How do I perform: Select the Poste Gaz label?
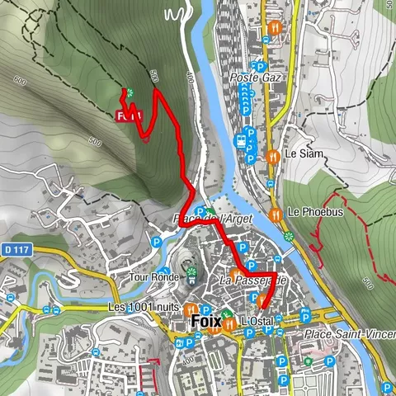(x=256, y=78)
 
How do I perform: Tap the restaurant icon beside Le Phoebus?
(x=276, y=214)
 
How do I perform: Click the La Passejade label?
(x=252, y=281)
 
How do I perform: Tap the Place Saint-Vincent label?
(x=348, y=333)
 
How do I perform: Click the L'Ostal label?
(x=257, y=320)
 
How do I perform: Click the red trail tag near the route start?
(x=130, y=116)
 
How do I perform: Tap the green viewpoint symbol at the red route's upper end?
(x=127, y=92)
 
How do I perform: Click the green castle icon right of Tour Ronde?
(x=191, y=273)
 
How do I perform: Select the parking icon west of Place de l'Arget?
(x=157, y=242)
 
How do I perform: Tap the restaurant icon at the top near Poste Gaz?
(x=276, y=28)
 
